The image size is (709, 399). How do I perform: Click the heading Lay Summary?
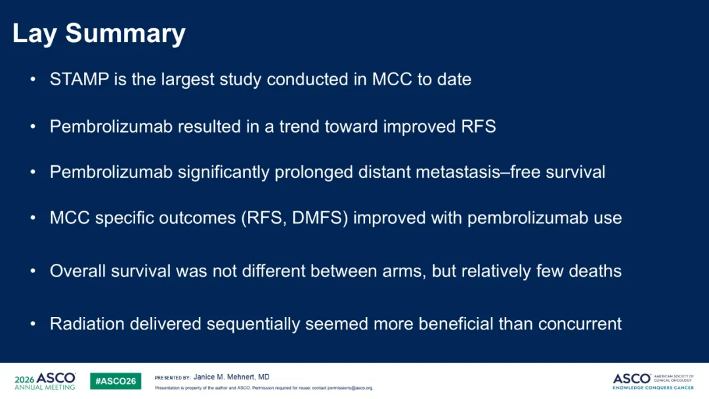[99, 34]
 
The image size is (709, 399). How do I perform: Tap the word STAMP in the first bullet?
[79, 79]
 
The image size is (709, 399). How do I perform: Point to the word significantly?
[223, 173]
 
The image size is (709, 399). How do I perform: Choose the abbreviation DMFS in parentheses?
[318, 218]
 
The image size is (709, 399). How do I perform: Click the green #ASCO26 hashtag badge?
[116, 381]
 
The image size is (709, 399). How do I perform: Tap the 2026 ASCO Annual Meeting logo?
[45, 381]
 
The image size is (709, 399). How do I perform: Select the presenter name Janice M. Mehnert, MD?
[232, 377]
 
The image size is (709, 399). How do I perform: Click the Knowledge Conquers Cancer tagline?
[653, 388]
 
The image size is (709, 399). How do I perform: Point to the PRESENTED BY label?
[172, 378]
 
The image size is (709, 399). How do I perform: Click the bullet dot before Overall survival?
[33, 271]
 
